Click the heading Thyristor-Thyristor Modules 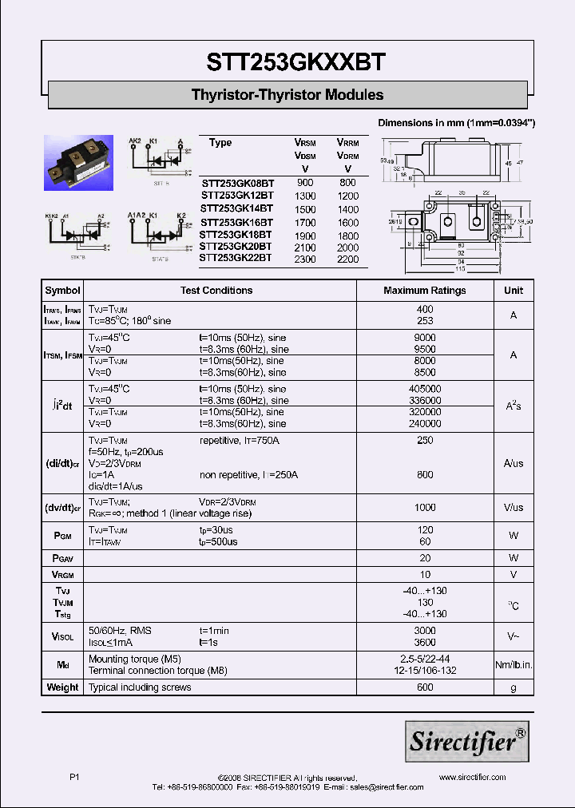click(287, 95)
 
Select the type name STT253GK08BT click(237, 183)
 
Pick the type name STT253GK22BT click(236, 258)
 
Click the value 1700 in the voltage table click(305, 222)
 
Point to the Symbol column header click(62, 291)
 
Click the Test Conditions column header click(216, 291)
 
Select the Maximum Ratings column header click(425, 291)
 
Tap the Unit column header click(514, 291)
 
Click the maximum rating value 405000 click(425, 389)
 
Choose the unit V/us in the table click(514, 508)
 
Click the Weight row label click(62, 687)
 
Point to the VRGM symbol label click(62, 575)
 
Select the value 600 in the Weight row click(425, 687)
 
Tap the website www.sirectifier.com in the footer click(473, 777)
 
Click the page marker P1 click(75, 777)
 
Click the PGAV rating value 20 click(425, 558)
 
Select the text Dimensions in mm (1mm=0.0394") click(456, 123)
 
